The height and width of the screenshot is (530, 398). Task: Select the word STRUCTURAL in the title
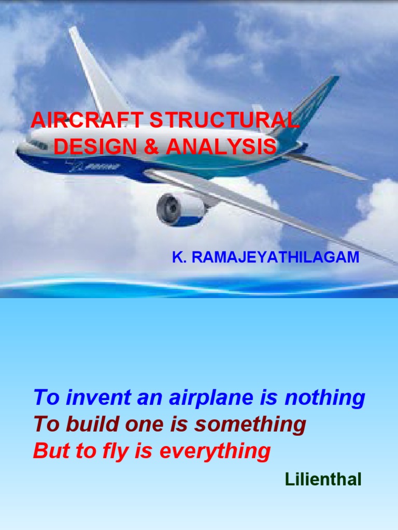coord(224,121)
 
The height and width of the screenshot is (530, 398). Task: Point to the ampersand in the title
coord(150,147)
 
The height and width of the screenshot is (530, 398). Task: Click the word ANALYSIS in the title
coord(222,147)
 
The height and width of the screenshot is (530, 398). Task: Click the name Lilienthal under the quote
coord(323,479)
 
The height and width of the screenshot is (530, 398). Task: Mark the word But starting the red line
coord(48,451)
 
